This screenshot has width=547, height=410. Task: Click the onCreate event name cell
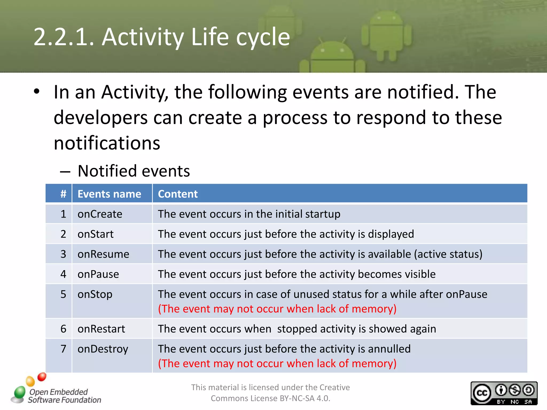coord(100,214)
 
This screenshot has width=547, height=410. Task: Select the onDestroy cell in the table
coord(103,349)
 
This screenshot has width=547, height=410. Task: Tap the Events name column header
coord(109,194)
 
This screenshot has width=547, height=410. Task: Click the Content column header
coord(178,194)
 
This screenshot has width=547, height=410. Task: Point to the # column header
coord(63,194)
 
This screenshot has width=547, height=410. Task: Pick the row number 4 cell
coord(63,274)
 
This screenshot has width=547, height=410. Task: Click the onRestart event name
coord(101,329)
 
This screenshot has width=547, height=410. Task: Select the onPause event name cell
coord(98,274)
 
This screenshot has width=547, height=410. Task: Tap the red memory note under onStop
coord(277,309)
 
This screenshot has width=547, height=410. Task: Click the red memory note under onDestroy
coord(277,364)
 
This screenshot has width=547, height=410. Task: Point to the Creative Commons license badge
coord(504,393)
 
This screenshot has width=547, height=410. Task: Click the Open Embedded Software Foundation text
coord(64,396)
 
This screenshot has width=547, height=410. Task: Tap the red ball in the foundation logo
coord(42,377)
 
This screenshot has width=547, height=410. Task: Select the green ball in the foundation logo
coord(19,392)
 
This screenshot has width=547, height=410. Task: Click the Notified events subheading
coord(134,171)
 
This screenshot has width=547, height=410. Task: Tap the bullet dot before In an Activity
coord(37,92)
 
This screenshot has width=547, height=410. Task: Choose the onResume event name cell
coord(103,254)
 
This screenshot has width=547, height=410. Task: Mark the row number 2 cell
coord(63,234)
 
